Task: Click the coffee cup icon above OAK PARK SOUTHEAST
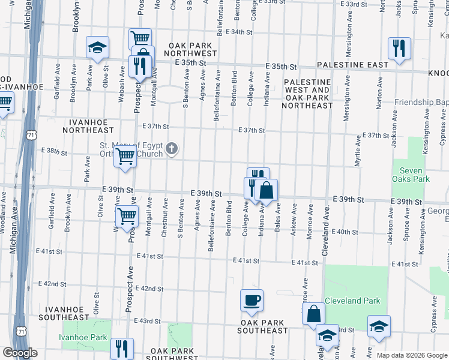tap(252, 299)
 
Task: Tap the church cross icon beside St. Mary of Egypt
tap(172, 148)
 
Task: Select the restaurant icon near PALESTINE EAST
tap(399, 48)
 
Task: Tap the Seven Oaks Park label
tap(411, 175)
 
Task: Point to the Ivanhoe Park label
tap(83, 337)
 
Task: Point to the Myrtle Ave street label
tap(358, 151)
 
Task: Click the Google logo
tap(20, 353)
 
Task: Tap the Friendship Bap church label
tap(420, 103)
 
